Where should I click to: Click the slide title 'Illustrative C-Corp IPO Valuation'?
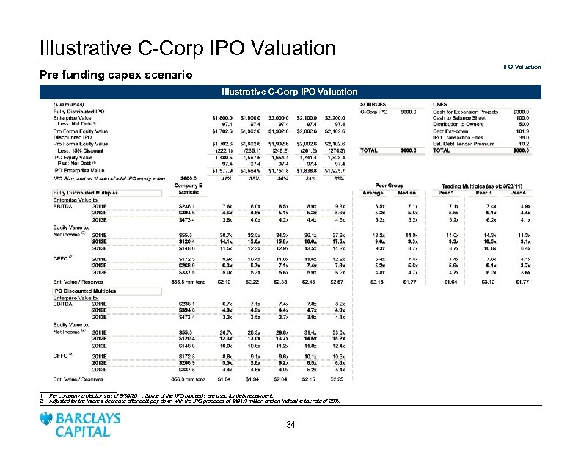point(187,48)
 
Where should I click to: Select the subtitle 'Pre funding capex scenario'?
point(116,75)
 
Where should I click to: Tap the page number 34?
point(290,425)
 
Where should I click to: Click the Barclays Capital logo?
point(82,424)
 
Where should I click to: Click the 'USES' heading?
point(441,104)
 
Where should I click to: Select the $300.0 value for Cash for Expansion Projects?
point(522,112)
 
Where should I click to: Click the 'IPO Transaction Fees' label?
point(460,137)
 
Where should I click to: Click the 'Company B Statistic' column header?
point(189,189)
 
